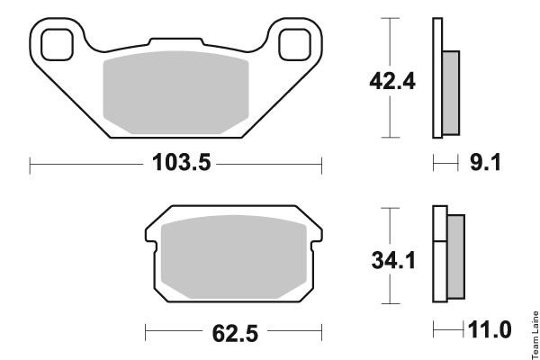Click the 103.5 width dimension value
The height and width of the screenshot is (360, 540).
coord(181,162)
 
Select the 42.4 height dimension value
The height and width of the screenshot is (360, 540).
coord(392,82)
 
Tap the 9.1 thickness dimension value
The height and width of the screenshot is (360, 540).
coord(485,162)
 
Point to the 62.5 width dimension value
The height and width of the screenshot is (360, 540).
coord(235,334)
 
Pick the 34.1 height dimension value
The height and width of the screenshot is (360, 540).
coord(393,260)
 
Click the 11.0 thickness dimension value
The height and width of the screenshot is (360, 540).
coord(490,329)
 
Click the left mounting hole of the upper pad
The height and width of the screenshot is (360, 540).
coord(58,45)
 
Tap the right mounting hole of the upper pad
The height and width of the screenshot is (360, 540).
coord(295,45)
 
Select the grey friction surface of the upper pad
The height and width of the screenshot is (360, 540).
coord(176,93)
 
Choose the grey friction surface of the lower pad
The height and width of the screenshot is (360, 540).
coord(234,257)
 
